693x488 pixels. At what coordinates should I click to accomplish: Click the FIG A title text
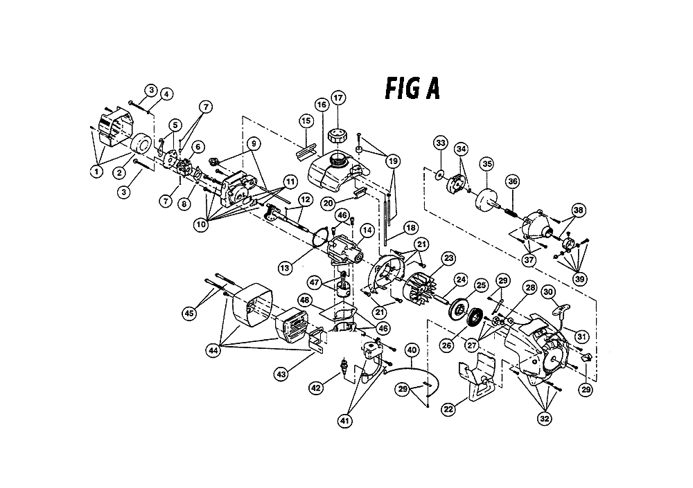[x=412, y=89]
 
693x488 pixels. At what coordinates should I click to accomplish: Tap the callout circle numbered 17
[x=338, y=98]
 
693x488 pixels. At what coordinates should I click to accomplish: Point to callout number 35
[x=487, y=164]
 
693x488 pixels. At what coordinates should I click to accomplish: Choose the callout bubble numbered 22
[x=448, y=409]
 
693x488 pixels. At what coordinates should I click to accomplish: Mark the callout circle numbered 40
[x=412, y=350]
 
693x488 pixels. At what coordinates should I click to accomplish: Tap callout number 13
[x=285, y=268]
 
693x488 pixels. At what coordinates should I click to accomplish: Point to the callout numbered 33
[x=441, y=143]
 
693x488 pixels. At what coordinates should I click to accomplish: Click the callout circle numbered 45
[x=189, y=314]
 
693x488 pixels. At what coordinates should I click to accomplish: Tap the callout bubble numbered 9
[x=253, y=143]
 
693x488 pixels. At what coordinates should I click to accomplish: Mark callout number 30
[x=548, y=292]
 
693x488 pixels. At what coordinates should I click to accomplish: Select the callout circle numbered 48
[x=304, y=300]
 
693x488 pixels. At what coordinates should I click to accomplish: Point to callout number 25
[x=481, y=286]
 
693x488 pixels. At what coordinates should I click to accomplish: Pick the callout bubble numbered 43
[x=281, y=374]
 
